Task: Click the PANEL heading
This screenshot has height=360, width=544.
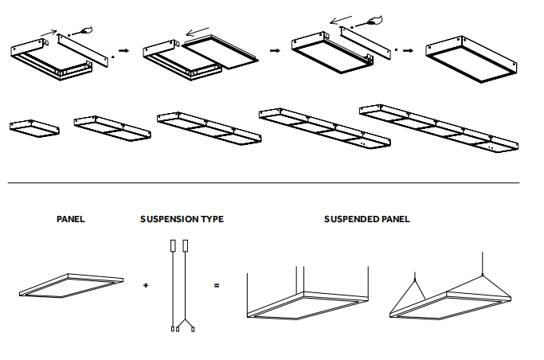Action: point(70,219)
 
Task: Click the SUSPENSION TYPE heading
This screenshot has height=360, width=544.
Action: point(182,219)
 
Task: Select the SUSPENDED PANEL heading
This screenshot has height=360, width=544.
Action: point(366,219)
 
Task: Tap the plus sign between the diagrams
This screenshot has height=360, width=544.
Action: point(146,284)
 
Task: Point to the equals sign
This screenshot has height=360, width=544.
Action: point(216,284)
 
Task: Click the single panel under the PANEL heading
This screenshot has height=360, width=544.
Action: point(71,287)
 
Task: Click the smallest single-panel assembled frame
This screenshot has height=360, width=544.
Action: point(34,127)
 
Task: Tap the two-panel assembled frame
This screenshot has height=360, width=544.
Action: point(112,127)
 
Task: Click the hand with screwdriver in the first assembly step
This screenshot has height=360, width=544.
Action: point(84,30)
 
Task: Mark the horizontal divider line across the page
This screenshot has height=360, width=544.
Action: point(263,183)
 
